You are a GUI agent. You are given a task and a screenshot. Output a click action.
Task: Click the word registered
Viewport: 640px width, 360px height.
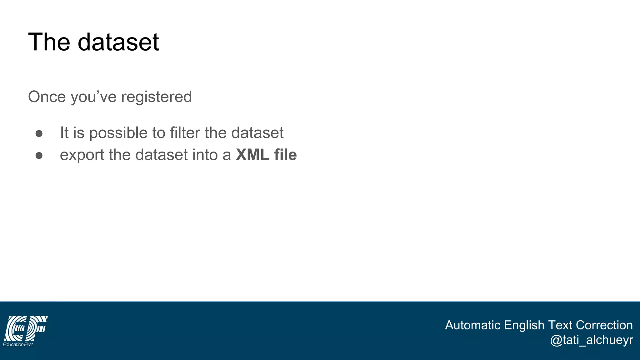(156, 97)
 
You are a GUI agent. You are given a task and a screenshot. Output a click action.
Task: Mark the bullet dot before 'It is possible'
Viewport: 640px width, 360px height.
(39, 134)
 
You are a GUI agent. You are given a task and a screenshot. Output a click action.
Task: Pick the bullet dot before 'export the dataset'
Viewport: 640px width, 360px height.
(39, 156)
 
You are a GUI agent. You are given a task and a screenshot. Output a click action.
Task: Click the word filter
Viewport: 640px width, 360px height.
(184, 132)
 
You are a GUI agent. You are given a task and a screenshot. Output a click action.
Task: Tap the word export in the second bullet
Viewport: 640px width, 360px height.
(82, 155)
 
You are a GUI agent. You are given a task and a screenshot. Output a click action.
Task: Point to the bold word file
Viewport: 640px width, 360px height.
(285, 155)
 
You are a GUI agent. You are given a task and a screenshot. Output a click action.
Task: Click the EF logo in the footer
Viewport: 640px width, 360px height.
(26, 328)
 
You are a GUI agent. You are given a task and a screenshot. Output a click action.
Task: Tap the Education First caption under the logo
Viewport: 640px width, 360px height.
(18, 344)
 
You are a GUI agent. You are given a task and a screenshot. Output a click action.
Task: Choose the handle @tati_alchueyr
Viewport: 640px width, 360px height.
(591, 340)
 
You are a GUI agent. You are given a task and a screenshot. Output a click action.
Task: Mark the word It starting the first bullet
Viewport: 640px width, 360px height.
(64, 132)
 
